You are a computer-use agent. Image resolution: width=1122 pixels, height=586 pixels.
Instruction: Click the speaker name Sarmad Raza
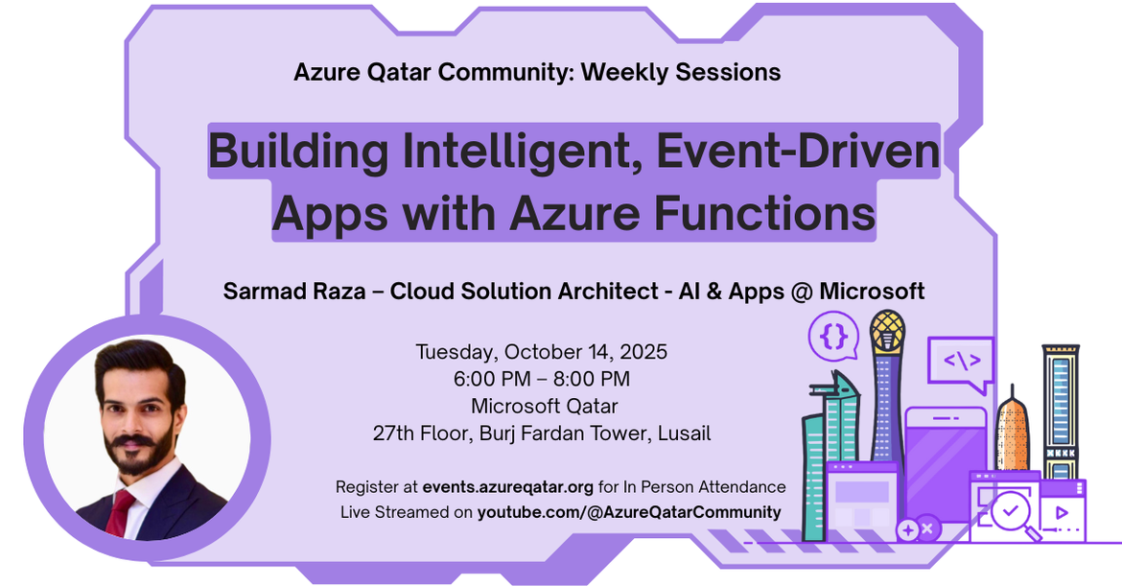[294, 292]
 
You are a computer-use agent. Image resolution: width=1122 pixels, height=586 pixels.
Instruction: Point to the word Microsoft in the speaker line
[872, 292]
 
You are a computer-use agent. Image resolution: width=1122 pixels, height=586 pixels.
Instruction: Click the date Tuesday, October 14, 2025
[542, 352]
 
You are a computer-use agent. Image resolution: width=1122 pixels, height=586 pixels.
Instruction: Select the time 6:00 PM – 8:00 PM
[542, 379]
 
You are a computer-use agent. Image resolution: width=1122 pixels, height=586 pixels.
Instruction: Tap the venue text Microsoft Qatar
[545, 406]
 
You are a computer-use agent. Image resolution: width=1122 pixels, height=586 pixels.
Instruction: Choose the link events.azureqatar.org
[507, 487]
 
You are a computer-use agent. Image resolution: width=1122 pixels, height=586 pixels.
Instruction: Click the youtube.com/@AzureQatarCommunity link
[629, 512]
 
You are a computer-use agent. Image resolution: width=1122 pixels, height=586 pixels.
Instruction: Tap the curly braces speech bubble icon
[833, 337]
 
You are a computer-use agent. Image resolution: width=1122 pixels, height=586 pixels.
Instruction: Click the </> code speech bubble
[961, 363]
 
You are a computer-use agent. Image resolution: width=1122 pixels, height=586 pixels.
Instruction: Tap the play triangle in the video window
[1062, 512]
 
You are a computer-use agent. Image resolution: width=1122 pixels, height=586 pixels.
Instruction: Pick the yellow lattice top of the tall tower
[887, 331]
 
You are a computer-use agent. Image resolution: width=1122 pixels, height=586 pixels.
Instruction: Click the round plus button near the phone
[908, 530]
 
